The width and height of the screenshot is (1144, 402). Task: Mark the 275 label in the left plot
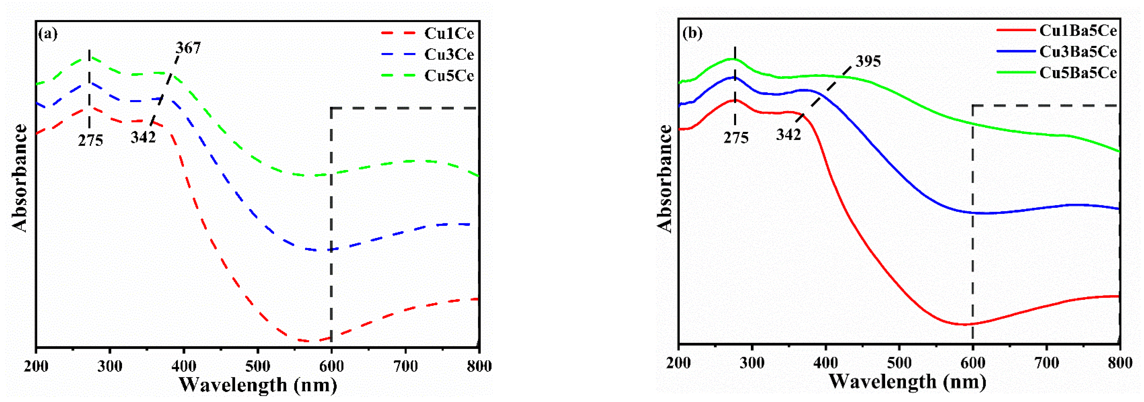[90, 140]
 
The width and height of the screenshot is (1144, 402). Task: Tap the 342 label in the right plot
[788, 134]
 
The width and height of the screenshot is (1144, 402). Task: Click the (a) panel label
[48, 34]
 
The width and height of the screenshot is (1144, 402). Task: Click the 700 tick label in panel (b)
[1047, 363]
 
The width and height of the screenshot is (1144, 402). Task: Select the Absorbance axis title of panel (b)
[665, 179]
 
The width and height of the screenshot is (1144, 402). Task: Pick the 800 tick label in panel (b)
[1120, 363]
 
